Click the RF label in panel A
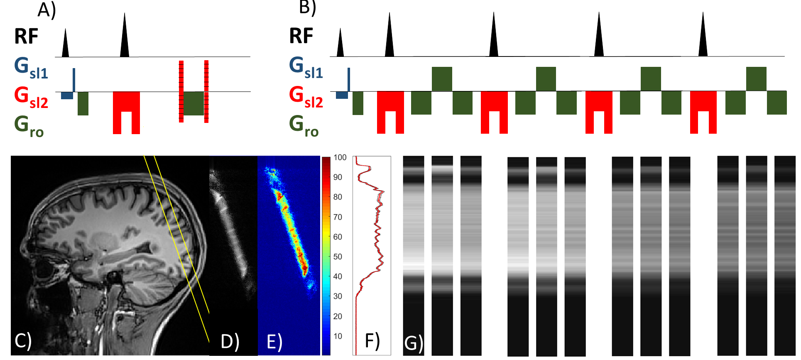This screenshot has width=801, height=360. [x=26, y=36]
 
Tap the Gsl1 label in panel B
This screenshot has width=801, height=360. [x=306, y=67]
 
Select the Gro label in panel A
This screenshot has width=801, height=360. [x=29, y=126]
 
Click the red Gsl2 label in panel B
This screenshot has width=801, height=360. [x=306, y=97]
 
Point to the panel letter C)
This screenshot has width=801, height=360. [x=23, y=340]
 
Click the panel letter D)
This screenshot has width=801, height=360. [x=230, y=341]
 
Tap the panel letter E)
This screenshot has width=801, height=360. [x=274, y=342]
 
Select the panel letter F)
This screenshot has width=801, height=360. [x=372, y=340]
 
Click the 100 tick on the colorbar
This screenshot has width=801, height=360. [x=340, y=157]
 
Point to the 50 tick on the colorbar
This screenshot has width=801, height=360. [x=338, y=257]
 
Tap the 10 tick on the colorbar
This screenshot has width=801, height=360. [x=338, y=336]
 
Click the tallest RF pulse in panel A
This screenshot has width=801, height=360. [x=124, y=37]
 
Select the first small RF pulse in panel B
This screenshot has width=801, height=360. [x=340, y=44]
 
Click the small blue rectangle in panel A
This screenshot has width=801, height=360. [x=67, y=96]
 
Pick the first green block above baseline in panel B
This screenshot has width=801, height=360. [x=442, y=79]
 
